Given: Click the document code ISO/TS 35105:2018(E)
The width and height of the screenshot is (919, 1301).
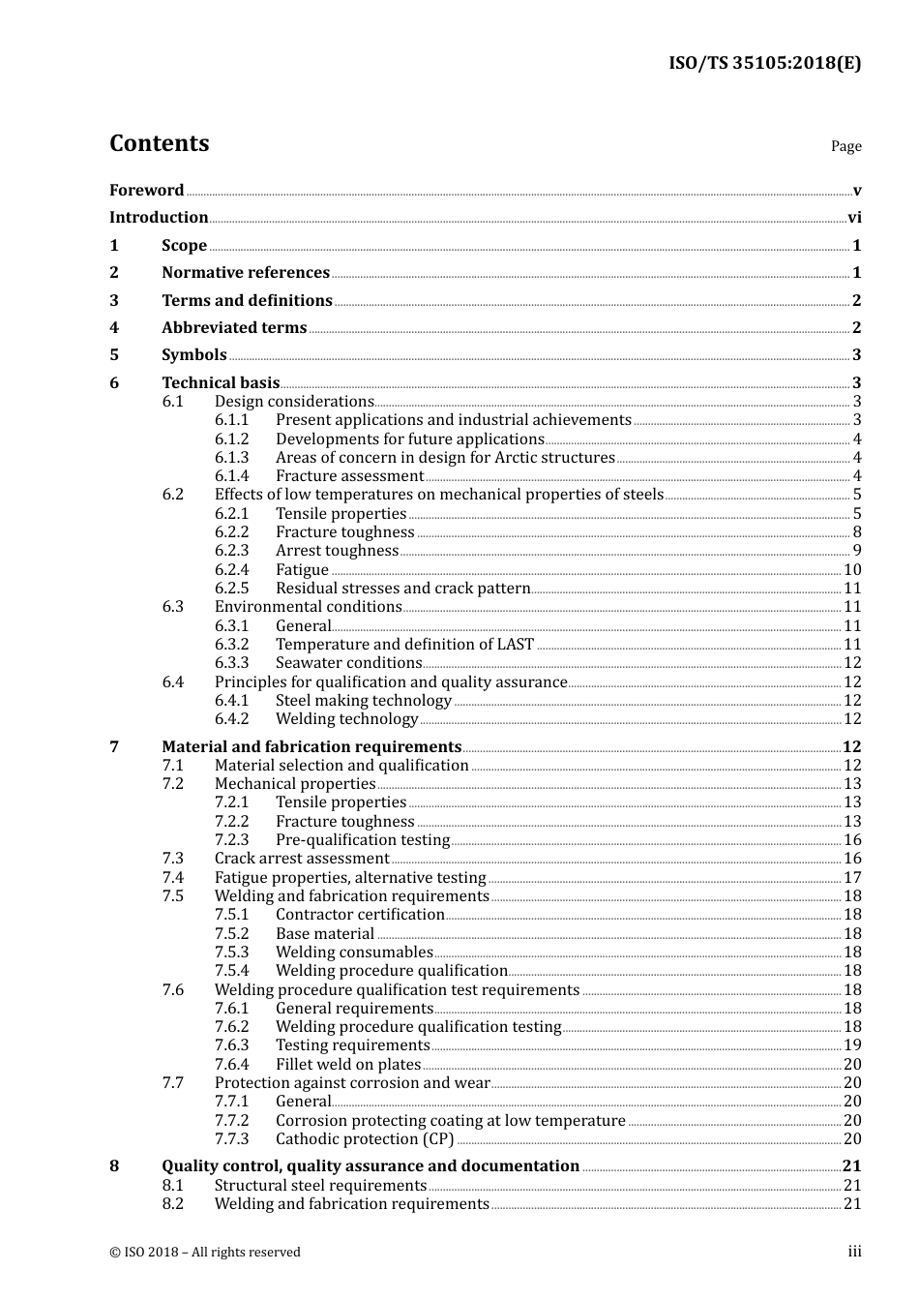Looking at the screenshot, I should (764, 63).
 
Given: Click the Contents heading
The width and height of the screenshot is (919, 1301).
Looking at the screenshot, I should (159, 143).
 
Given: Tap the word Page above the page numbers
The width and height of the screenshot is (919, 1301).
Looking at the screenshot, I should (845, 146).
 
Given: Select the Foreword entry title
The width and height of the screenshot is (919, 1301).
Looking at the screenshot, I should (146, 190).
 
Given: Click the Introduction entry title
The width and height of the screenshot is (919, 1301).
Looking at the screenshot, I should (159, 218).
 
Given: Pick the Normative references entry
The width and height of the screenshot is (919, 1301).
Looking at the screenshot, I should (246, 273).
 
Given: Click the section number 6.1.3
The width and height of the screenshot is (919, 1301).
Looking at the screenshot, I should (231, 458).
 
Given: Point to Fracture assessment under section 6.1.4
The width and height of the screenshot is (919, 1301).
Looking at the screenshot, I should (349, 476).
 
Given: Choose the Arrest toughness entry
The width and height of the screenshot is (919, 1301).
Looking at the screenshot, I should (337, 551).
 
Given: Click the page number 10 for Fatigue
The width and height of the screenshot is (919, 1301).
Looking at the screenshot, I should (852, 570).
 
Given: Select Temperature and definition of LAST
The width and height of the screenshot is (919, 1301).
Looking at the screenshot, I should (404, 645).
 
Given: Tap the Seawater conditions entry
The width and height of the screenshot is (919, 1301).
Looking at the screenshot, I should (348, 663).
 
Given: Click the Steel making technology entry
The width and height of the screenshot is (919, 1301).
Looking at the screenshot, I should (363, 701).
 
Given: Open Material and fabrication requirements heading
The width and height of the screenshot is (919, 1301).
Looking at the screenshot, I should (311, 747).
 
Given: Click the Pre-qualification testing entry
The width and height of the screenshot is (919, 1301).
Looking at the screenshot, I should (363, 840).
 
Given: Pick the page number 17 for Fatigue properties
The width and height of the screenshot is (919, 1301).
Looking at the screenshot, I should (852, 878).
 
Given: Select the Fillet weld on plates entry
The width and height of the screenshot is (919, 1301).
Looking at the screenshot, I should (348, 1065).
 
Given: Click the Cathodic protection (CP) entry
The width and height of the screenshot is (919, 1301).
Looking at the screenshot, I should (365, 1139).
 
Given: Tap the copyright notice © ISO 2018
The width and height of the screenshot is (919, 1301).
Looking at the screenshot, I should (205, 1253).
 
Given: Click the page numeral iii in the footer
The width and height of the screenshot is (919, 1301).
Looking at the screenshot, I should (854, 1252).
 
